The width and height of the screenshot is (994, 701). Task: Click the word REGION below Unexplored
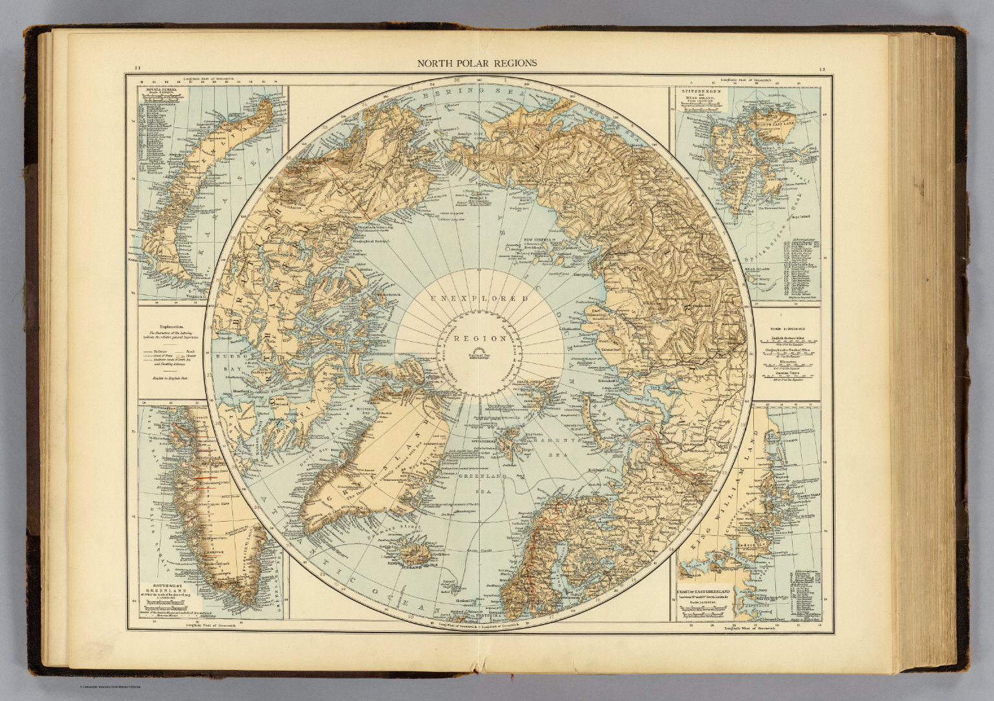pyautogui.click(x=479, y=338)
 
